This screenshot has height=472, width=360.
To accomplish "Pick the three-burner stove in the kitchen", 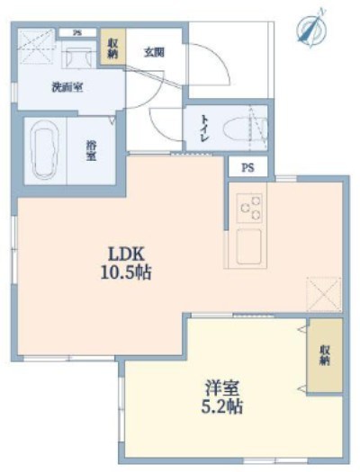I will point(249,208).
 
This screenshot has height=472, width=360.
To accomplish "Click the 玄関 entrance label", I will point(153,52).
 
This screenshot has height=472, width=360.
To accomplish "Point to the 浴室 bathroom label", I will point(92,151).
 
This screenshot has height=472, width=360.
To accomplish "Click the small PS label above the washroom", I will point(77,33).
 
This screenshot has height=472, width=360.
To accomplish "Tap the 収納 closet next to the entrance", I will point(112,48).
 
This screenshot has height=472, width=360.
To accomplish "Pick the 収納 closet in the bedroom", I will point(324,355).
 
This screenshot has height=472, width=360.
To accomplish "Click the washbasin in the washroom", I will point(76,56).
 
